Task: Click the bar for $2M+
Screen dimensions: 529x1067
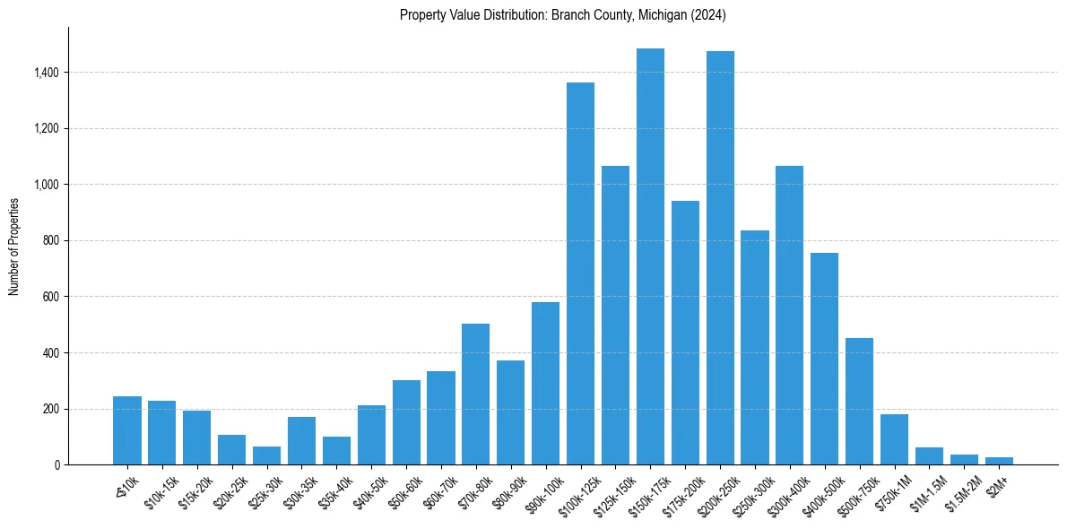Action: [999, 461]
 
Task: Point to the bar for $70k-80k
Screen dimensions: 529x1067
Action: [475, 395]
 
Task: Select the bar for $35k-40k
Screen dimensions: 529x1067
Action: [336, 451]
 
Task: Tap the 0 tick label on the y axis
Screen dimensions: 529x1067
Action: [56, 465]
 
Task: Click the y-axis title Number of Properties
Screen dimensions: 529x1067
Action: [14, 247]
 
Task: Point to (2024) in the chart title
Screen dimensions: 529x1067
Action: [707, 15]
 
